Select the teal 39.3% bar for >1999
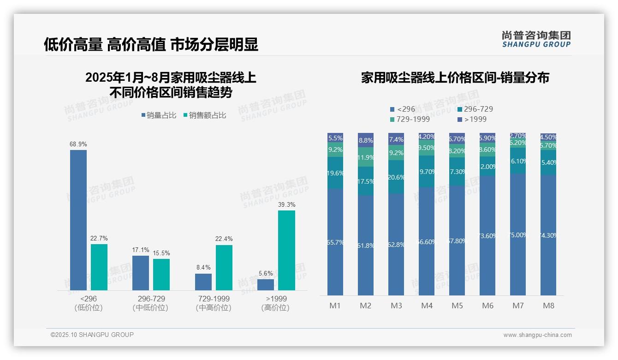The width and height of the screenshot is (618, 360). [x=286, y=250]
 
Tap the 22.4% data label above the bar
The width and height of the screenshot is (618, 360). [x=224, y=239]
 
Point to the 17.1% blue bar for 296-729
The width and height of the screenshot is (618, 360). [x=141, y=273]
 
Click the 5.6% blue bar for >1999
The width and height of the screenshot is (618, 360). [x=266, y=285]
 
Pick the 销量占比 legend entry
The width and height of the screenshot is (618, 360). [x=159, y=115]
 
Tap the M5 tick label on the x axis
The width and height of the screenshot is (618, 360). [x=457, y=306]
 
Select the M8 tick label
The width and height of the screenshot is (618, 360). [x=548, y=306]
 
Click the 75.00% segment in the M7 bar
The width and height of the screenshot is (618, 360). [x=518, y=234]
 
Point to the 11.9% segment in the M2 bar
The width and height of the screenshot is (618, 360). [x=366, y=157]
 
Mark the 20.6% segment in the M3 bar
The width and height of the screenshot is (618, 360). [x=396, y=177]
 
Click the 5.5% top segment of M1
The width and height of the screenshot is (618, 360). [x=335, y=138]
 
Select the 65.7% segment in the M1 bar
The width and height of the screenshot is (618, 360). [x=335, y=242]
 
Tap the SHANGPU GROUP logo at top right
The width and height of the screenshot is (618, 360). [x=536, y=39]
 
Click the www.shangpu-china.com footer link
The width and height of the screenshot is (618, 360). [x=537, y=335]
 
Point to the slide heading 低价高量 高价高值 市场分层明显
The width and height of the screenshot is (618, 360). [x=151, y=44]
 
